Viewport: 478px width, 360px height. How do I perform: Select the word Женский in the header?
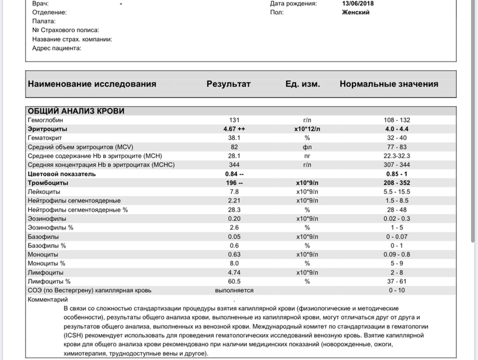coord(356,12)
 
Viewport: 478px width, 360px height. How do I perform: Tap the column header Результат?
coord(228,84)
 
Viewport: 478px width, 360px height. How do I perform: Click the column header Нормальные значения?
coord(389,84)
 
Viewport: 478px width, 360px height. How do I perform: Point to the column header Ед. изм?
coord(302,84)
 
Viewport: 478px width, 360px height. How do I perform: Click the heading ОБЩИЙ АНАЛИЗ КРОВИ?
coord(76,111)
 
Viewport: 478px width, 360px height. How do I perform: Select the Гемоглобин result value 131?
coord(234,120)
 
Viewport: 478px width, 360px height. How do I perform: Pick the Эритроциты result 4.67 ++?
coord(234,128)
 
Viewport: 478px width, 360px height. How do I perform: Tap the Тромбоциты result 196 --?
coord(234,183)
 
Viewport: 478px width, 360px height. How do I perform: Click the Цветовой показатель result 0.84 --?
coord(234,174)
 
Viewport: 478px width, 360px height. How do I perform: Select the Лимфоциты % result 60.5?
coord(234,281)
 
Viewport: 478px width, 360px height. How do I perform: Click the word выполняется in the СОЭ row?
coord(234,290)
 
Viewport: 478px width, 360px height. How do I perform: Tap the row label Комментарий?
coord(48,299)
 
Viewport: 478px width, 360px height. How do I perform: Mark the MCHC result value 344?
coord(234,165)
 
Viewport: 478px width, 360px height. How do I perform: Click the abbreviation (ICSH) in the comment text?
coord(75,335)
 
